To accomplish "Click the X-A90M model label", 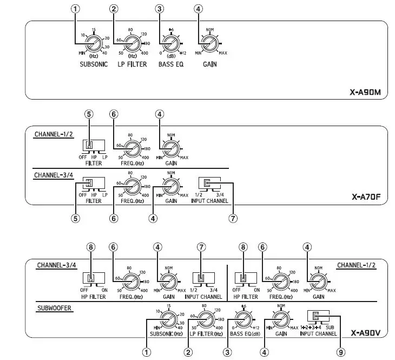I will point(365,92).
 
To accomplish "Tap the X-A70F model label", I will point(366,198).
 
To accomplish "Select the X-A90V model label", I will point(366,333).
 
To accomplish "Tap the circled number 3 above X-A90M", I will point(159,9).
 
